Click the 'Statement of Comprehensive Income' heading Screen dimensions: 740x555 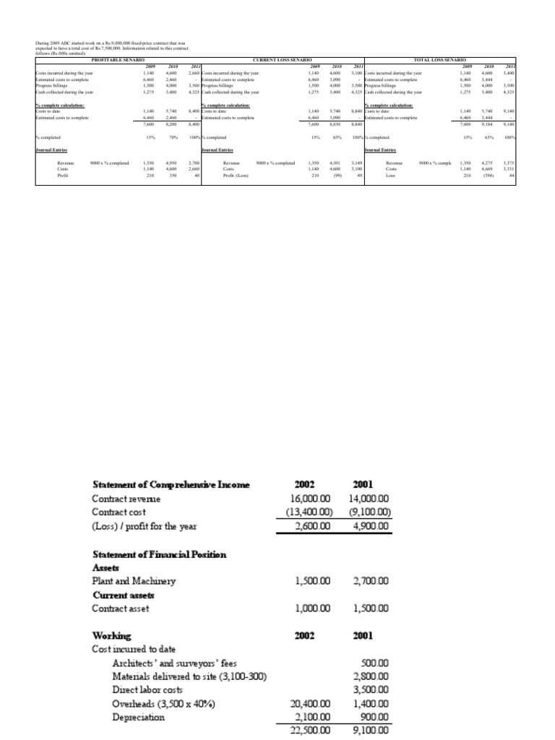click(171, 485)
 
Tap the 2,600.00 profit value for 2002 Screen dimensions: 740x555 click(307, 526)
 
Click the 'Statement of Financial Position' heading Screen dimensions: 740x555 click(160, 554)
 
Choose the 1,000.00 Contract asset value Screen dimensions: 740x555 click(307, 608)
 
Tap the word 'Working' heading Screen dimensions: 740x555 click(112, 636)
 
